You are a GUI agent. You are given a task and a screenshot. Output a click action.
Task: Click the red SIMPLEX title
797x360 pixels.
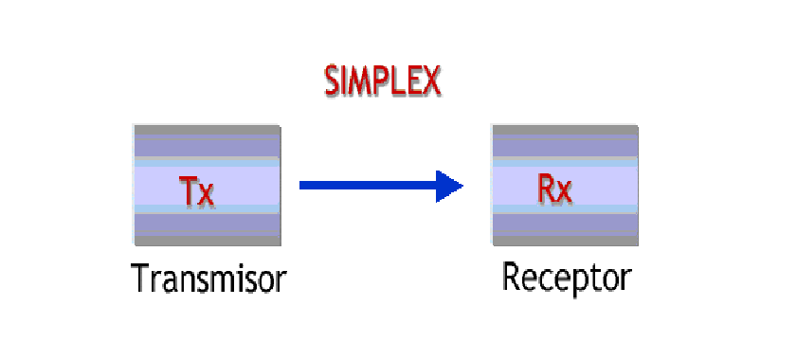click(x=383, y=82)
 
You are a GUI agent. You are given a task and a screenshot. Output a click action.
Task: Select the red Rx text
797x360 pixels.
click(x=554, y=189)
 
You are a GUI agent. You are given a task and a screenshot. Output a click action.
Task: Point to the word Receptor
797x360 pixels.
click(x=566, y=278)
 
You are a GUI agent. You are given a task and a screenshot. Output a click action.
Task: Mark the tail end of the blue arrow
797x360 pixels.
click(x=303, y=185)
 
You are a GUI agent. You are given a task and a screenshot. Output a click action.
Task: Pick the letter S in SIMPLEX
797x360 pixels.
click(x=332, y=82)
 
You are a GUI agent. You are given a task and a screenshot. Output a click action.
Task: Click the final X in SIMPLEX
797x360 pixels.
click(x=431, y=82)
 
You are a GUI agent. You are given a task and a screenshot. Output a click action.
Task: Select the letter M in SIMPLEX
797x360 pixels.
click(x=359, y=82)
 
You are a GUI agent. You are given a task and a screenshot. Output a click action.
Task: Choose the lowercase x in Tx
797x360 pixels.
click(x=207, y=194)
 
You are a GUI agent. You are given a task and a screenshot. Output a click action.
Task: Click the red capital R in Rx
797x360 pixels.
click(x=546, y=189)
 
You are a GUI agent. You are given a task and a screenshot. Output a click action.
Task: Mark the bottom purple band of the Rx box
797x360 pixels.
click(x=564, y=226)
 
